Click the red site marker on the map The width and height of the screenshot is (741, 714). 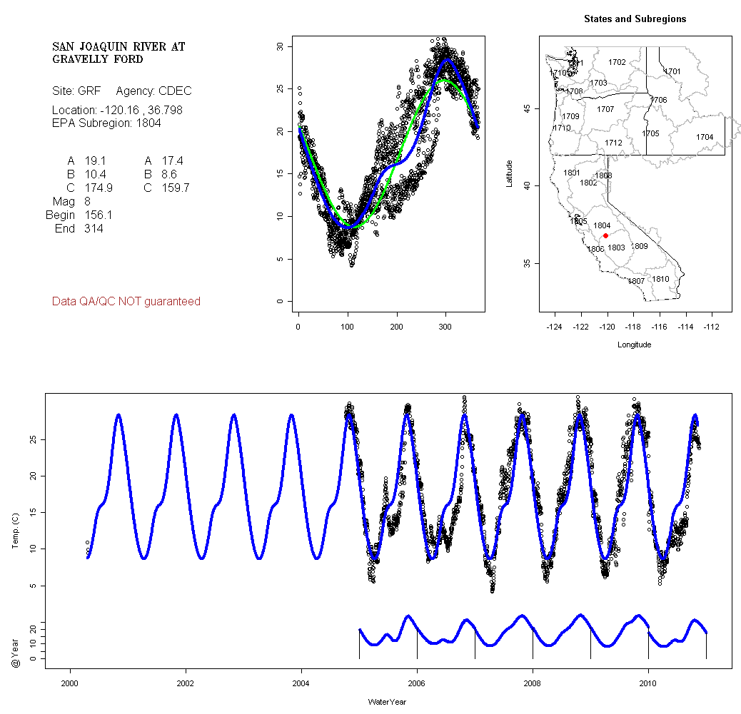point(605,235)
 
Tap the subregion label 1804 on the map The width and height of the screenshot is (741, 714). point(602,225)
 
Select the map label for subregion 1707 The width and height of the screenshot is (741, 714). point(605,109)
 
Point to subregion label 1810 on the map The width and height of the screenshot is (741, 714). point(661,279)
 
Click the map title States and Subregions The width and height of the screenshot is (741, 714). point(635,19)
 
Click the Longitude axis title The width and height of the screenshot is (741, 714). point(634,345)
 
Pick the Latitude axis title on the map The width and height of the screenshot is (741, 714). point(509,173)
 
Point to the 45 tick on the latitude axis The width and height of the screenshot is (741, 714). point(527,108)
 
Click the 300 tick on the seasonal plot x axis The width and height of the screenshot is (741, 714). point(446,326)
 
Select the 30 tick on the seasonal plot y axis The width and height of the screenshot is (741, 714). point(280,46)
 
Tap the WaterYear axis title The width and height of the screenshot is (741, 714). point(387,702)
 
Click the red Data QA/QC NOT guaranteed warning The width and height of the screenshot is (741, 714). point(126,302)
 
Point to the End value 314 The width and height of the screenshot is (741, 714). point(94,229)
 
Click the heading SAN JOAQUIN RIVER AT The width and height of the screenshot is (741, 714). point(119,46)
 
